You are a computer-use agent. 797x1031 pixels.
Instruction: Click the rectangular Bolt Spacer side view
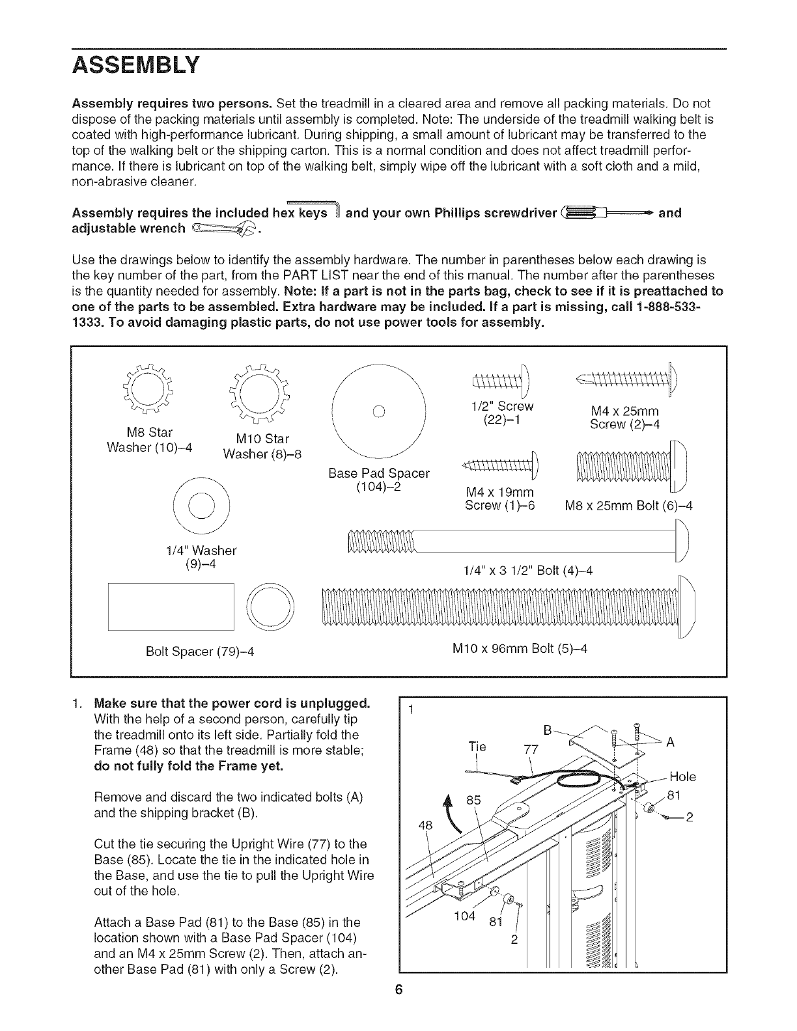coord(171,607)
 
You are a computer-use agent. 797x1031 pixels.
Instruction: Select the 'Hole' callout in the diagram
coord(682,777)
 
